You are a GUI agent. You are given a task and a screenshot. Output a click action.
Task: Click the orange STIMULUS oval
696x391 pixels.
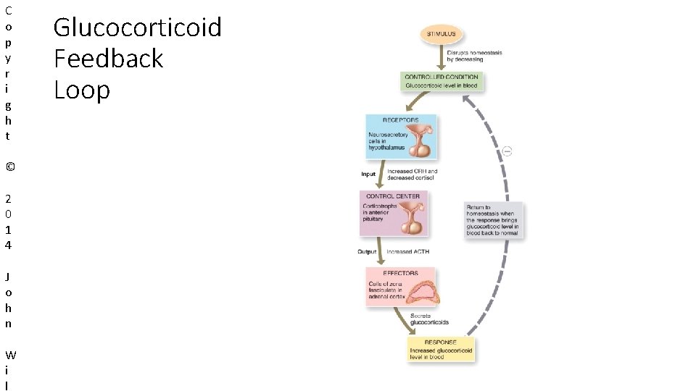[x=442, y=34]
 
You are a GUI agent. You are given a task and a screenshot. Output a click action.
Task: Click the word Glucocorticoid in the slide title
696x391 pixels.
[x=138, y=28]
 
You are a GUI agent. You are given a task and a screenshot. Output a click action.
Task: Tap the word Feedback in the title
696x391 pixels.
[x=109, y=59]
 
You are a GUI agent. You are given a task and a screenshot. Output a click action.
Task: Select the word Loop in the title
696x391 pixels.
[x=82, y=90]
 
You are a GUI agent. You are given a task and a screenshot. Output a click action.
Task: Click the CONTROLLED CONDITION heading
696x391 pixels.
[x=441, y=77]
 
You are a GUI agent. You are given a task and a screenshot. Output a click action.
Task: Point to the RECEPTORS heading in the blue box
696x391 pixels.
[x=400, y=120]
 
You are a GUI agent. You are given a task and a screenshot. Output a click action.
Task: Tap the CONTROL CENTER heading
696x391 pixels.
[x=392, y=196]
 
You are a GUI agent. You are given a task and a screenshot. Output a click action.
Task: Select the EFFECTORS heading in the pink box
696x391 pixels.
[x=400, y=273]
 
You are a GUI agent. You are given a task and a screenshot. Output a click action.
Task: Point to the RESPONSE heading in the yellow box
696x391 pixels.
[x=441, y=342]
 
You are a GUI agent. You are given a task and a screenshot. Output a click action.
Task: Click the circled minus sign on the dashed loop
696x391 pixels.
[x=507, y=151]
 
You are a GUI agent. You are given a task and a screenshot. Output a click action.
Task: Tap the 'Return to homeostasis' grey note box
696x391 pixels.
[x=492, y=220]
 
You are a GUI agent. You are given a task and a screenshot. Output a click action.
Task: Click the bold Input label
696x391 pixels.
[x=369, y=175]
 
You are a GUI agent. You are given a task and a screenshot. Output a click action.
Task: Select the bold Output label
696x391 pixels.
[x=367, y=252]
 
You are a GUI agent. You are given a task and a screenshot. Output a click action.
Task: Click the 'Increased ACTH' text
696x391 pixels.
[x=407, y=252]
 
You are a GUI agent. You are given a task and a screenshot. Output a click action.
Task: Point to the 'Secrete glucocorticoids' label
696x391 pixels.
[x=429, y=319]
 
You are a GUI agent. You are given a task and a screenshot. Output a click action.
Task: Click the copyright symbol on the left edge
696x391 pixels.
[x=9, y=167]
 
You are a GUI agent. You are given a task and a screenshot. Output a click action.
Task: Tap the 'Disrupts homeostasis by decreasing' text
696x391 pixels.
[x=474, y=56]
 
